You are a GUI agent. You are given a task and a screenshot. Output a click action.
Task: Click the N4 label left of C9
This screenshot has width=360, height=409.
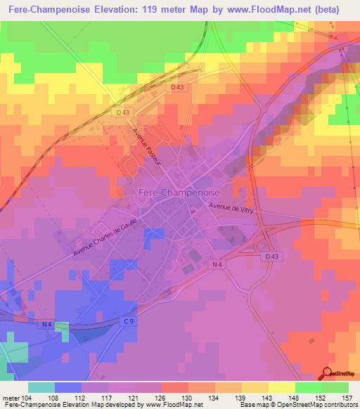coord(46,324)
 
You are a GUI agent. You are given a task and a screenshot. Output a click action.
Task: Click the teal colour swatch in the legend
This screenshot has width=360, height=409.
coord(41,387)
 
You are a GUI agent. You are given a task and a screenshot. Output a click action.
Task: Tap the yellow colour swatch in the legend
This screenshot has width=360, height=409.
coord(282,387)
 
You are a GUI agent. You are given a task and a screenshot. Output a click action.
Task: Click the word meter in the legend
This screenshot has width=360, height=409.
coord(12,398)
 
